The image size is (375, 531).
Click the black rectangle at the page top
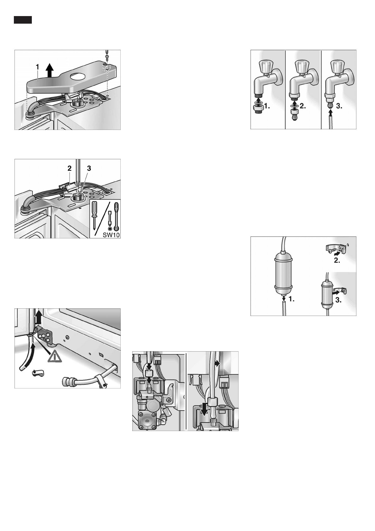[23, 20]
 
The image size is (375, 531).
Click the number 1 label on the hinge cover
[37, 67]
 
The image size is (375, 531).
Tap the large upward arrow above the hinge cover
[49, 69]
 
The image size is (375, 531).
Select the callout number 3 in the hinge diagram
[89, 169]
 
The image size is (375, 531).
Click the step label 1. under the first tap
[267, 107]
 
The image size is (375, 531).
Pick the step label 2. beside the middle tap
[303, 107]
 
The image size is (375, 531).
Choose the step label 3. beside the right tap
[338, 107]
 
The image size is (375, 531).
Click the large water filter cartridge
[284, 270]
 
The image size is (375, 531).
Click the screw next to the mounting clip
[330, 251]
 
